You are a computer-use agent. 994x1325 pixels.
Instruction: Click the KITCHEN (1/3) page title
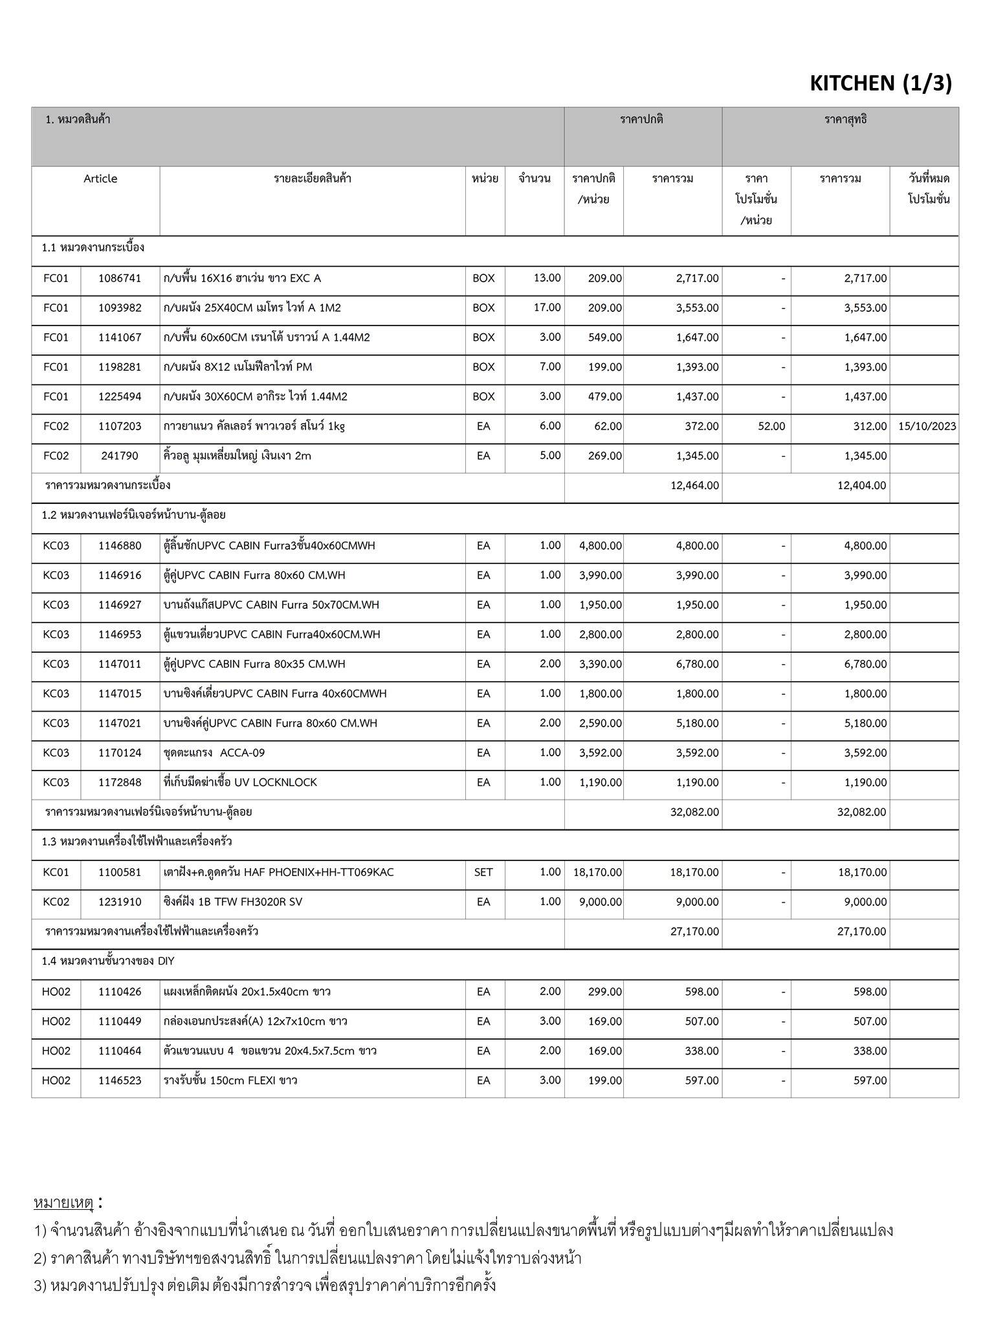click(x=880, y=83)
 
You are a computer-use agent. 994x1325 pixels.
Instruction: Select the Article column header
click(x=100, y=179)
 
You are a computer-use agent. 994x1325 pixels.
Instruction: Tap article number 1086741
click(x=120, y=278)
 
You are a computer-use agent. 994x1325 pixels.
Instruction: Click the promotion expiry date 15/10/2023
click(x=927, y=426)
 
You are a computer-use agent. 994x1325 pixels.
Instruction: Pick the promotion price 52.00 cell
click(x=771, y=426)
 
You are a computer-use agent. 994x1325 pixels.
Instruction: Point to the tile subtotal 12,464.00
click(x=694, y=486)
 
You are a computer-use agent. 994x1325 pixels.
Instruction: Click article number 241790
click(x=120, y=456)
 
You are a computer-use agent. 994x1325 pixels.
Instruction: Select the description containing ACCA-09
click(x=214, y=753)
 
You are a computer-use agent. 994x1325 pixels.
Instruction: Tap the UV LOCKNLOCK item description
click(x=240, y=783)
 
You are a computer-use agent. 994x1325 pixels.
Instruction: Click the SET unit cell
click(x=483, y=873)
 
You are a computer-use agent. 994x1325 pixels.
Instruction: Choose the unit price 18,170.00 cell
click(x=597, y=873)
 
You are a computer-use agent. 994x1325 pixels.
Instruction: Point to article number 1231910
click(x=120, y=903)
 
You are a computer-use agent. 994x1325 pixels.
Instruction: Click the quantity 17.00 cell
click(x=547, y=307)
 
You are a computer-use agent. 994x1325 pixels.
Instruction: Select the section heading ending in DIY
click(x=108, y=961)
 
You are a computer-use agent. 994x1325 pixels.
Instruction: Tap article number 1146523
click(x=120, y=1081)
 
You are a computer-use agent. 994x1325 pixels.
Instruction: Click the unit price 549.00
click(x=604, y=337)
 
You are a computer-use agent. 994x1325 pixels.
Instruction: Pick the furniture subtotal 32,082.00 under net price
click(x=861, y=813)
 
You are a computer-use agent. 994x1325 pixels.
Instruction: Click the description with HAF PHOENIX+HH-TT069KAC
click(x=278, y=873)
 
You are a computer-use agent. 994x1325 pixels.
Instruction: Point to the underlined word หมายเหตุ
click(x=63, y=1203)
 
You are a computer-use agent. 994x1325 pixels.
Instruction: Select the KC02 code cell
click(x=56, y=903)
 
